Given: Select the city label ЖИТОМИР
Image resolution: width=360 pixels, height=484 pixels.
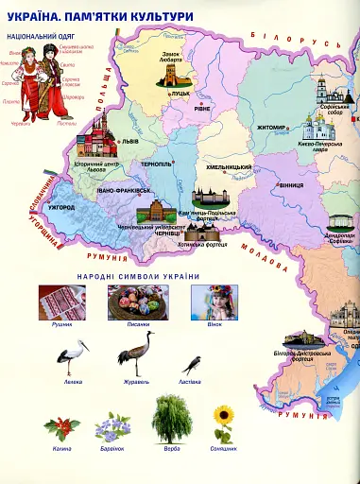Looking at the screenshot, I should (x=272, y=127).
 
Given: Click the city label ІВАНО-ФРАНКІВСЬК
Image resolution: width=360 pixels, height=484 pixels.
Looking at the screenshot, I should (x=124, y=190).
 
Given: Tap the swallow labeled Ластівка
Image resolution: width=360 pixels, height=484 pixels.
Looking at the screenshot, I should (x=194, y=363).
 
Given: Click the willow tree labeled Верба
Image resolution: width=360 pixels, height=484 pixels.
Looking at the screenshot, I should (x=170, y=417).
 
